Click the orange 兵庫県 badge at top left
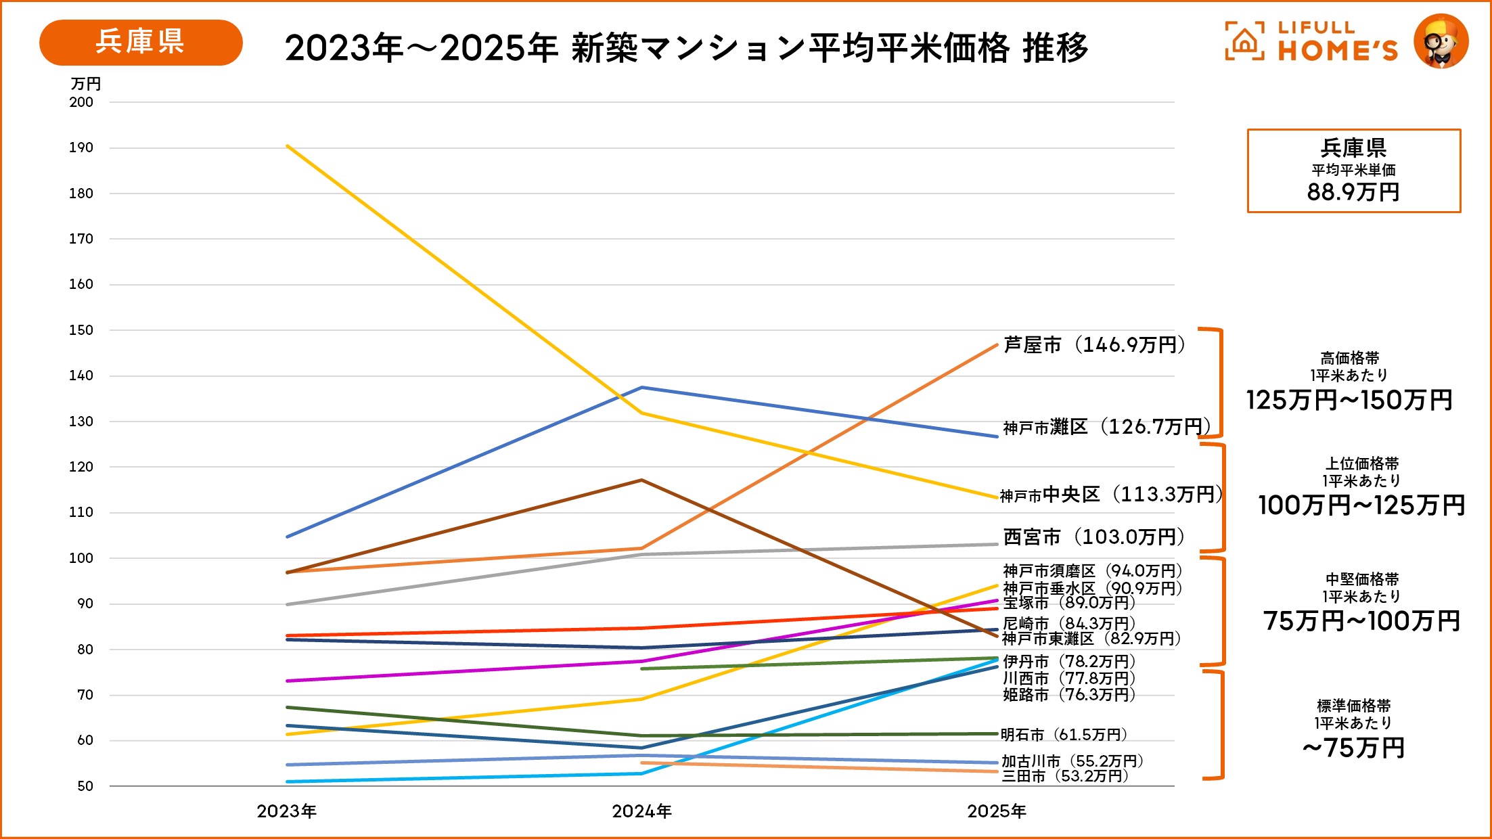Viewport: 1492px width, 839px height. (x=141, y=42)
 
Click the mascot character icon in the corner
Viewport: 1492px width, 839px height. (x=1441, y=42)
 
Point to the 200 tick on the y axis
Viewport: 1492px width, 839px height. (x=81, y=102)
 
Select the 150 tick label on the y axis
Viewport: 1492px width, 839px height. (x=81, y=330)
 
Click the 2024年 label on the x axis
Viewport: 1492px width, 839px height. (x=641, y=811)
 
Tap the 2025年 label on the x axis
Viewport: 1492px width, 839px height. (x=997, y=811)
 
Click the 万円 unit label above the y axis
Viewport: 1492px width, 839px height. (x=85, y=84)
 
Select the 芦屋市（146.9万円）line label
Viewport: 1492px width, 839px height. (x=1094, y=345)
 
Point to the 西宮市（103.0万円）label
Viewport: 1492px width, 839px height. (x=1094, y=537)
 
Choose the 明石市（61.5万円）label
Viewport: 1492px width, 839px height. (x=1064, y=735)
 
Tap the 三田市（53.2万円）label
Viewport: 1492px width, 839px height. (x=1065, y=776)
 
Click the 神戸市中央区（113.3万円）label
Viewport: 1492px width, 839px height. (x=1111, y=495)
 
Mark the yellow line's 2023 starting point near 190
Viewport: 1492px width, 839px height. (x=288, y=145)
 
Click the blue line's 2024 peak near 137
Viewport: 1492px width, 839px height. (x=641, y=388)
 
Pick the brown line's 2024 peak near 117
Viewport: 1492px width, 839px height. (x=641, y=480)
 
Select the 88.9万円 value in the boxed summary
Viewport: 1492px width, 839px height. (x=1353, y=192)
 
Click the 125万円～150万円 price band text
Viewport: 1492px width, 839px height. (x=1349, y=400)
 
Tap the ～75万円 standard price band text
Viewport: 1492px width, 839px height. (x=1354, y=748)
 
